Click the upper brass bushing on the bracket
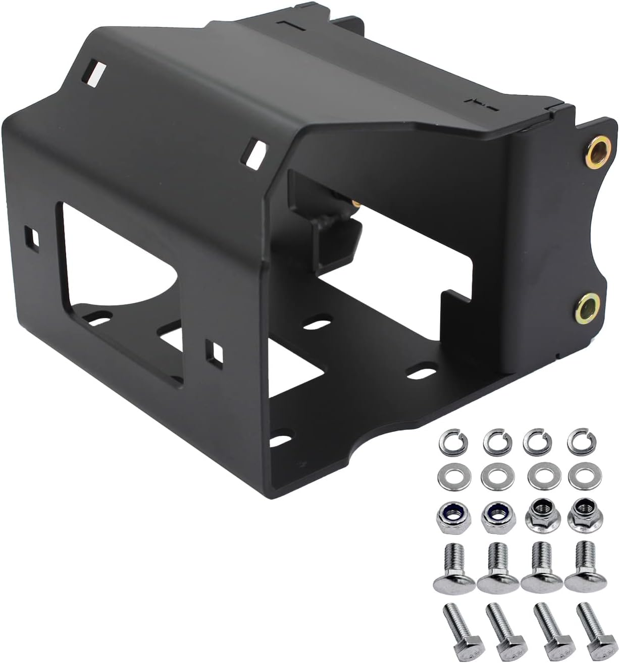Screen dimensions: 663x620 (597, 148)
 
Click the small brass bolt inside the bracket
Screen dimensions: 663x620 (356, 202)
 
